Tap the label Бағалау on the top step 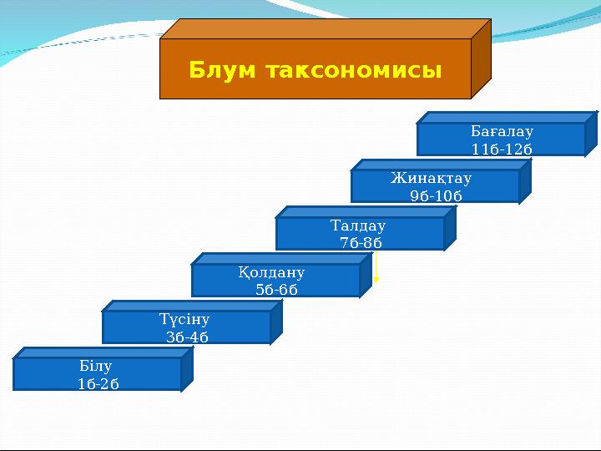502,132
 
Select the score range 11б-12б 502,149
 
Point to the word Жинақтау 432,179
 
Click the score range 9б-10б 436,195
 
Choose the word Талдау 358,225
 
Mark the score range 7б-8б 361,242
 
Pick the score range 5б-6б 276,290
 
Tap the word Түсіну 184,319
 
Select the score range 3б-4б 187,337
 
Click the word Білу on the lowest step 95,366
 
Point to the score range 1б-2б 98,383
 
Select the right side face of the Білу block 187,369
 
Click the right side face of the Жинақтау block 525,181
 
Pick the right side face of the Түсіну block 276,322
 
